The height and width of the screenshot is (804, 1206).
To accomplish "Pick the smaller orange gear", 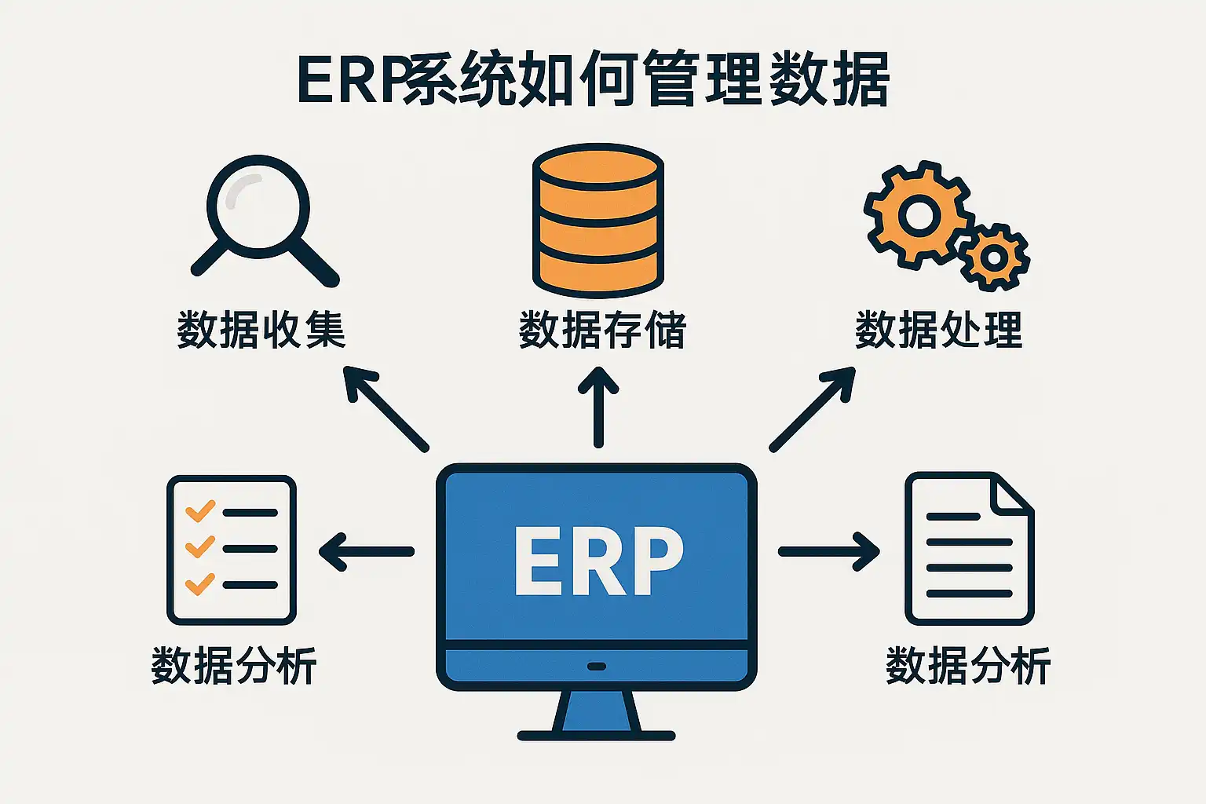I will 994,257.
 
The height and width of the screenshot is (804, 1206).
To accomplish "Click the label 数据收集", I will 261,330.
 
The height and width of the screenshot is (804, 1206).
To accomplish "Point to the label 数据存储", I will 602,330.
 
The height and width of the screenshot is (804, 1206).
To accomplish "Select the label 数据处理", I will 938,330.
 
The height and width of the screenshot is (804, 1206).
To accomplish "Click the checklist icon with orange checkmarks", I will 232,550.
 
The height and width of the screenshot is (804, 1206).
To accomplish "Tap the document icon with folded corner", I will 970,550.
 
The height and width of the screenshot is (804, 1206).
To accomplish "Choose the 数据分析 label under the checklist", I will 234,667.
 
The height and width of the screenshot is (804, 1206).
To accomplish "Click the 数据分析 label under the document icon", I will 968,667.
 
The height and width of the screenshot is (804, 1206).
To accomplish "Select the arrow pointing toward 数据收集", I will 386,408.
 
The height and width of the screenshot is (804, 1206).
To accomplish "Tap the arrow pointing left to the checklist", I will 366,551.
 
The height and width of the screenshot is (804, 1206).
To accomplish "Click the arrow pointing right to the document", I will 829,551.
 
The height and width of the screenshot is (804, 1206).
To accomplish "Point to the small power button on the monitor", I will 597,667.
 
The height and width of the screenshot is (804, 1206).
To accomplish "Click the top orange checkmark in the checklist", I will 199,511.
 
